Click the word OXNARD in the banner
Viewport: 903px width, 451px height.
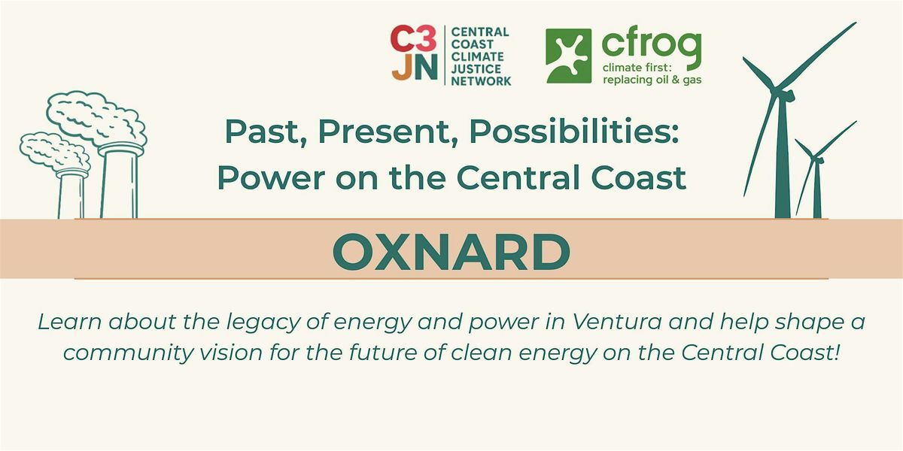pyautogui.click(x=451, y=252)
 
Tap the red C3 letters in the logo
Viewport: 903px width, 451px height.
pyautogui.click(x=414, y=38)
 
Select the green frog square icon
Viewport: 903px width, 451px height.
pyautogui.click(x=569, y=56)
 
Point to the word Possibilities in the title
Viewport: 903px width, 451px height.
pyautogui.click(x=574, y=132)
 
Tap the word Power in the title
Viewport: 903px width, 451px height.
pyautogui.click(x=271, y=178)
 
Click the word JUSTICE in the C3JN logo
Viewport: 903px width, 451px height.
pyautogui.click(x=476, y=69)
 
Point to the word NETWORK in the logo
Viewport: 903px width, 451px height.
pyautogui.click(x=481, y=81)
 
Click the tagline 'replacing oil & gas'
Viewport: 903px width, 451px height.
pyautogui.click(x=652, y=80)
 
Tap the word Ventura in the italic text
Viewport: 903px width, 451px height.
pyautogui.click(x=617, y=322)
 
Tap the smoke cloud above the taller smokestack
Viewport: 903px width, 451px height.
pyautogui.click(x=97, y=117)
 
